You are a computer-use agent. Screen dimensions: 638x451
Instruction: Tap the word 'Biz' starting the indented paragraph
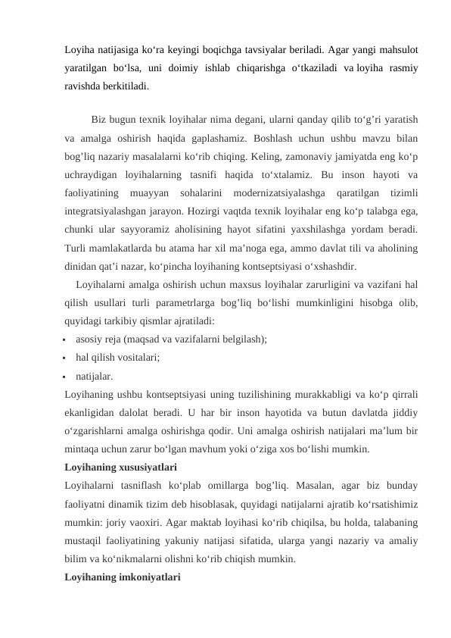pyautogui.click(x=98, y=120)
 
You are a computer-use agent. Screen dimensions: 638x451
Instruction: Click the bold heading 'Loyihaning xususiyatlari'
pyautogui.click(x=121, y=467)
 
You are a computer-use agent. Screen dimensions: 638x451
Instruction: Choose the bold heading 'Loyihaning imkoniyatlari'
pyautogui.click(x=123, y=577)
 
